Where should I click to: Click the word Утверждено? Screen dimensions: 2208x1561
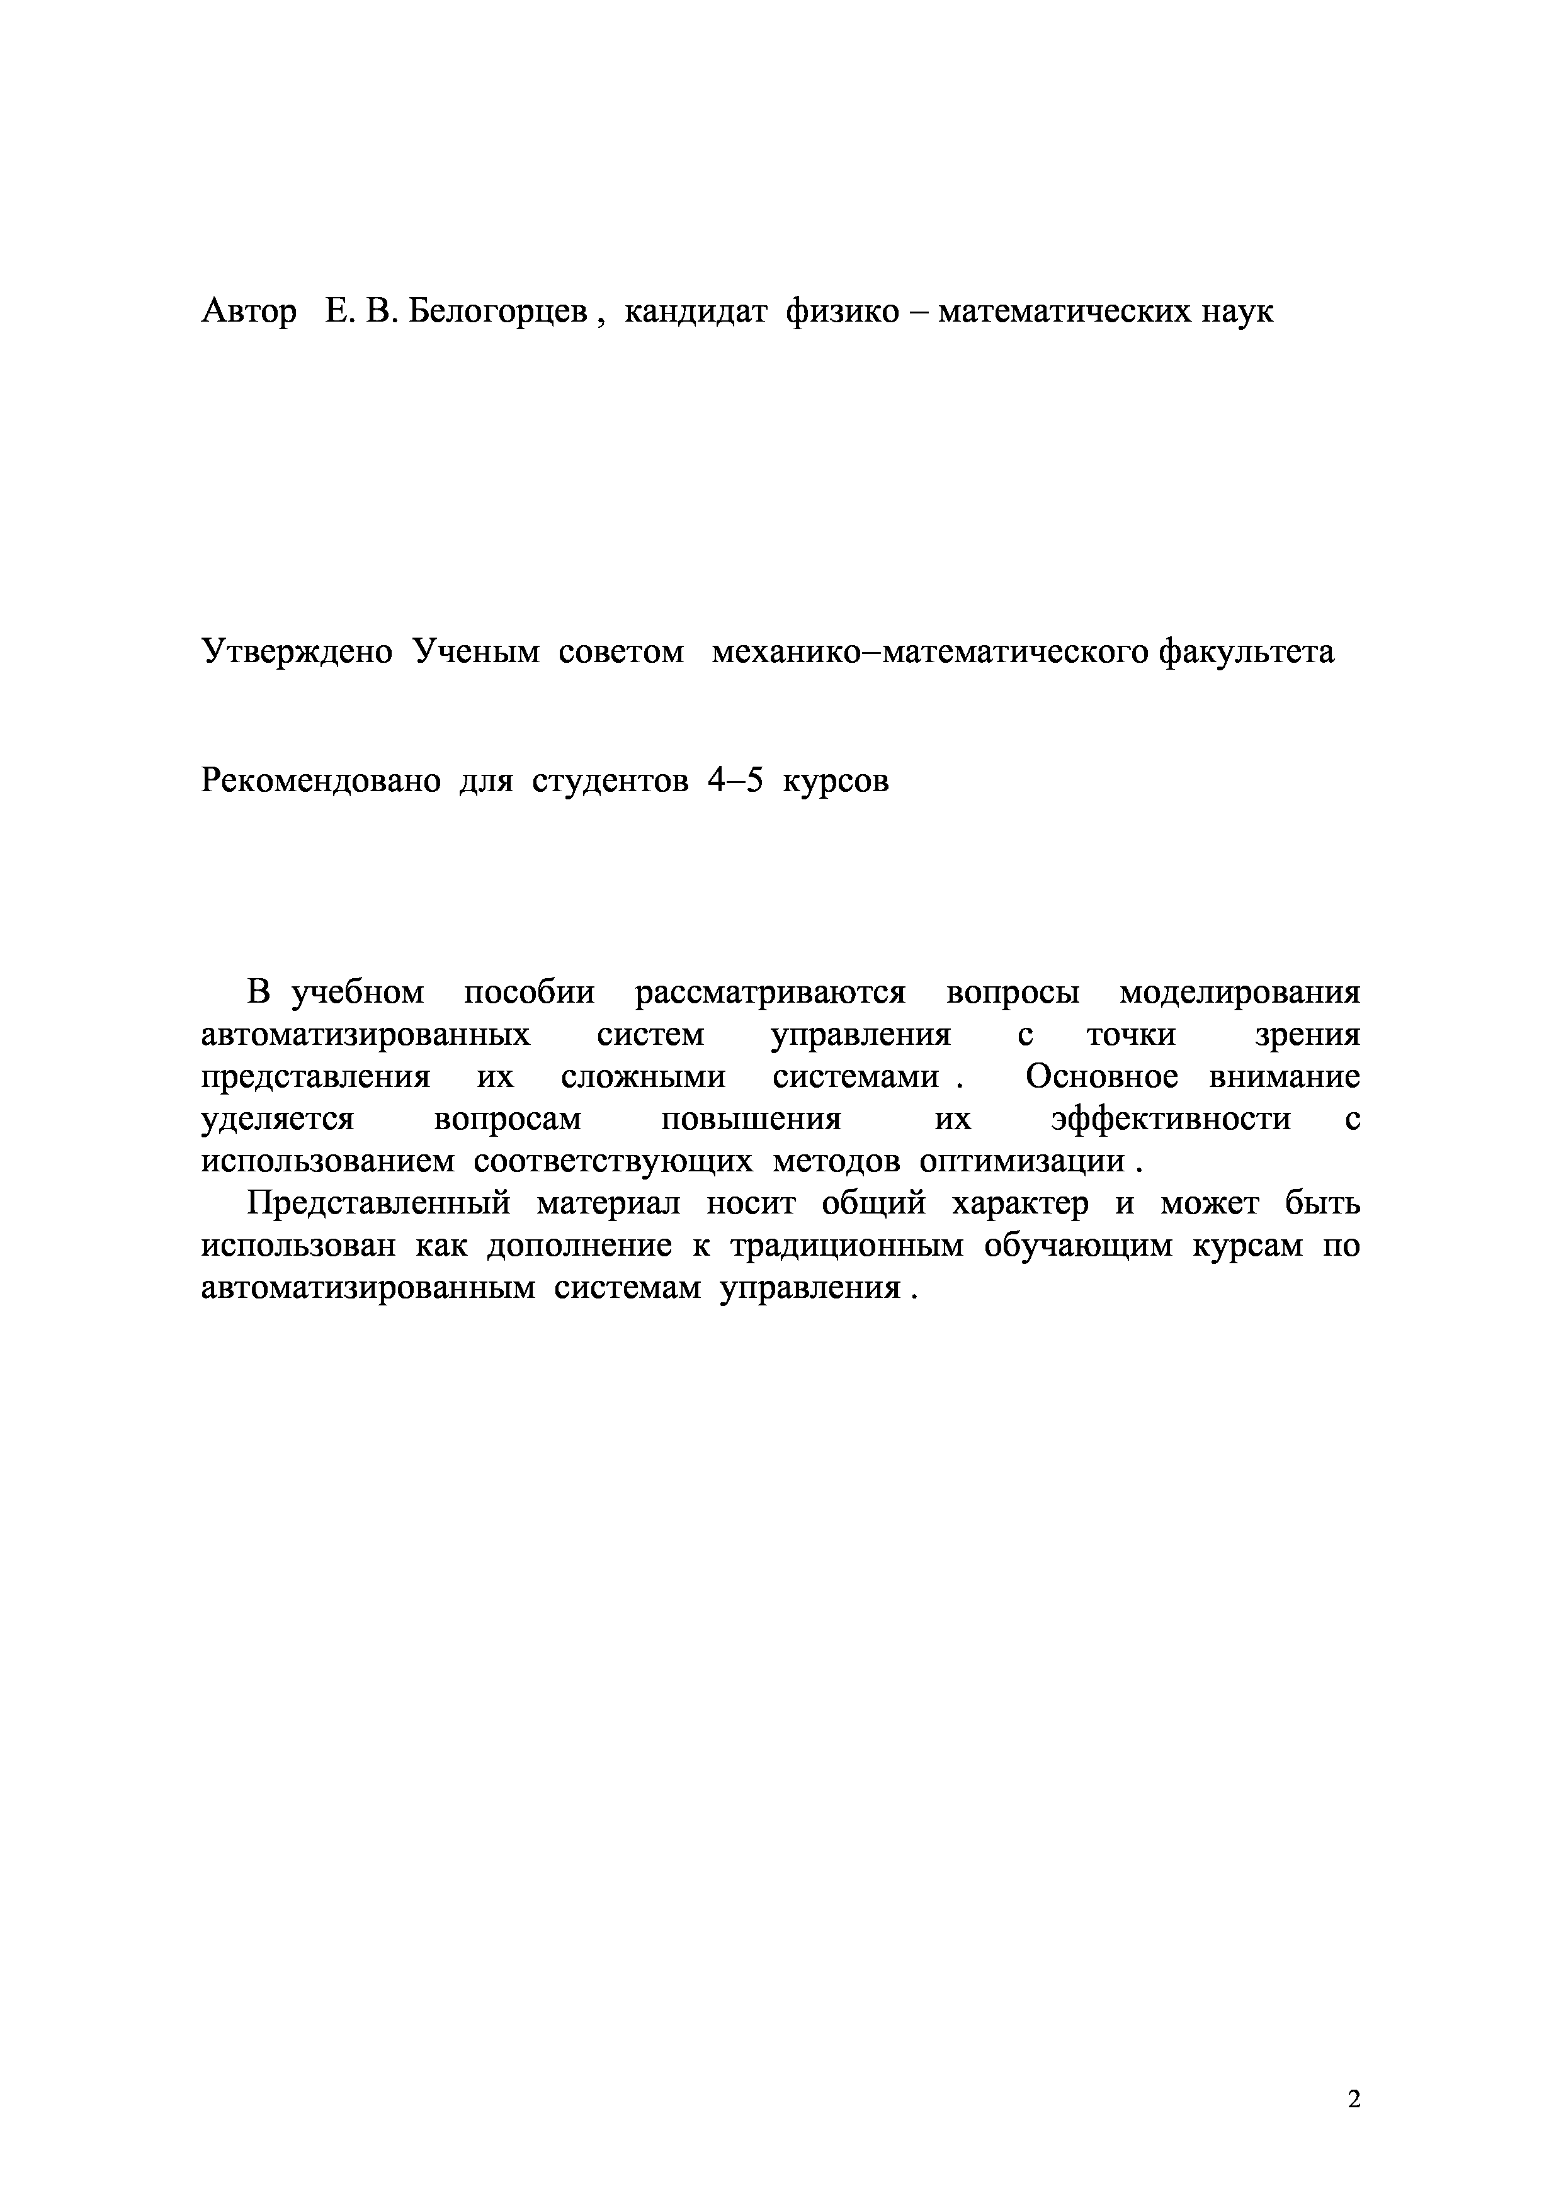(296, 652)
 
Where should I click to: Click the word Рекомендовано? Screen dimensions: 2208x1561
(321, 781)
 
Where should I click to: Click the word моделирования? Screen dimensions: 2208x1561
(1240, 993)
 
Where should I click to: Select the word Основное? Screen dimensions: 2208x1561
(1101, 1077)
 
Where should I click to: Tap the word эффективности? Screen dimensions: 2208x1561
(1171, 1119)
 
